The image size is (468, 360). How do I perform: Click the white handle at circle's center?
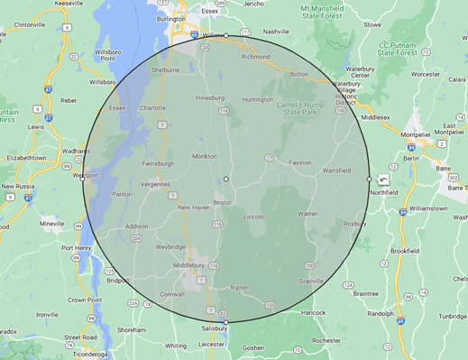[x=226, y=180]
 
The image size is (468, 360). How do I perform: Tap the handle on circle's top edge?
[x=226, y=36]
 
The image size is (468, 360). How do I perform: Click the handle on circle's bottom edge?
[x=226, y=322]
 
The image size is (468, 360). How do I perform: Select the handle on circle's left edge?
[x=83, y=179]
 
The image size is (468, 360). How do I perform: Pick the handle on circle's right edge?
[x=369, y=179]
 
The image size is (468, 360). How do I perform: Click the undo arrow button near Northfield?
[x=384, y=180]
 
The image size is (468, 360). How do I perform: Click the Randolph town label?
[x=380, y=314]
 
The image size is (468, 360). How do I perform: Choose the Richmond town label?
[x=256, y=56]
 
